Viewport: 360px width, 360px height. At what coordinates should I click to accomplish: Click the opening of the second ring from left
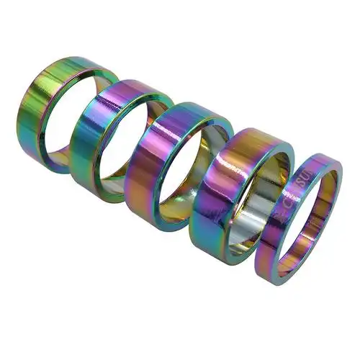(130, 144)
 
